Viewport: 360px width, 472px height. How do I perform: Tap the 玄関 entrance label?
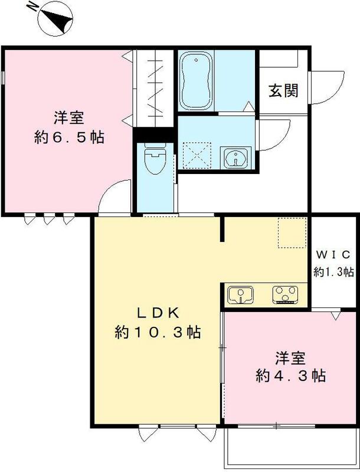283,91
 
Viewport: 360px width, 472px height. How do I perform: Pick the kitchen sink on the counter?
241,294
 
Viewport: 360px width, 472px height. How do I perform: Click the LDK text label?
158,313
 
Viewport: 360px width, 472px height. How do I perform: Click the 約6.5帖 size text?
69,137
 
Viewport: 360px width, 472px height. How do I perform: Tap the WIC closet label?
333,255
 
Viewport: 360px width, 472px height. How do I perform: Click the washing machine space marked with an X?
197,156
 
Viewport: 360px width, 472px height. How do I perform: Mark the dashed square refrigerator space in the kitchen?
292,232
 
